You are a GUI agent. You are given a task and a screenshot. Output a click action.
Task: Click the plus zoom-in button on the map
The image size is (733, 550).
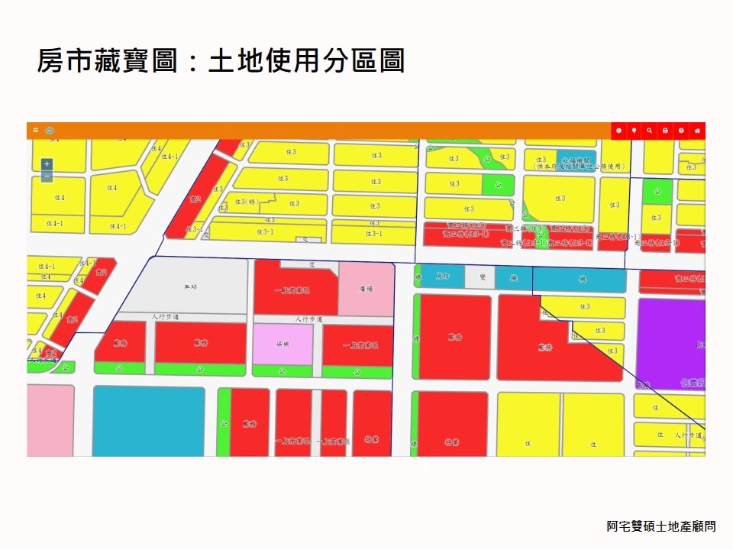pos(47,163)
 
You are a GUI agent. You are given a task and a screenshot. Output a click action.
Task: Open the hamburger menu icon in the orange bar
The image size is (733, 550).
pos(35,131)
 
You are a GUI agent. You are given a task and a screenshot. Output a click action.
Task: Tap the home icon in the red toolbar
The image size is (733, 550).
pos(696,131)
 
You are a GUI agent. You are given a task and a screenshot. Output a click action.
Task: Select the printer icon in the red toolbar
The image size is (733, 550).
pos(665,131)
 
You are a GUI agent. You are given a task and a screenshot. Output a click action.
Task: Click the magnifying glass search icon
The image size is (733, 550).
pos(649,131)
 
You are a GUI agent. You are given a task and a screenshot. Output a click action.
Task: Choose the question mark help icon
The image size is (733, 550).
pos(680,131)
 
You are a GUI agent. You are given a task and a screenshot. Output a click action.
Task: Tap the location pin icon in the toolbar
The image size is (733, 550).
pos(634,131)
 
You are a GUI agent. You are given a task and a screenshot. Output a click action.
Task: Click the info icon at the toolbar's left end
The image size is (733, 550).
pos(618,131)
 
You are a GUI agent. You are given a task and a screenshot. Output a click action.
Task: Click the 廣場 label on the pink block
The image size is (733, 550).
pos(365,289)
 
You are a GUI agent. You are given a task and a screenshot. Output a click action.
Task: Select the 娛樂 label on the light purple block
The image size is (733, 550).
pos(283,345)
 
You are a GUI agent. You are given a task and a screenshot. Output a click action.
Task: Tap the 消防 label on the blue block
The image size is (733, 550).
pos(443,276)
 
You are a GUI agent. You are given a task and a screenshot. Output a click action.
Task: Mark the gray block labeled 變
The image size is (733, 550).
pos(482,278)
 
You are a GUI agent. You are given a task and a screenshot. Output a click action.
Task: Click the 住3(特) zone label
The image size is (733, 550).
pos(246,202)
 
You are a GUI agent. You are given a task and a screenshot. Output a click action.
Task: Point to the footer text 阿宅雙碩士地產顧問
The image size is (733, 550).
pos(661,526)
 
